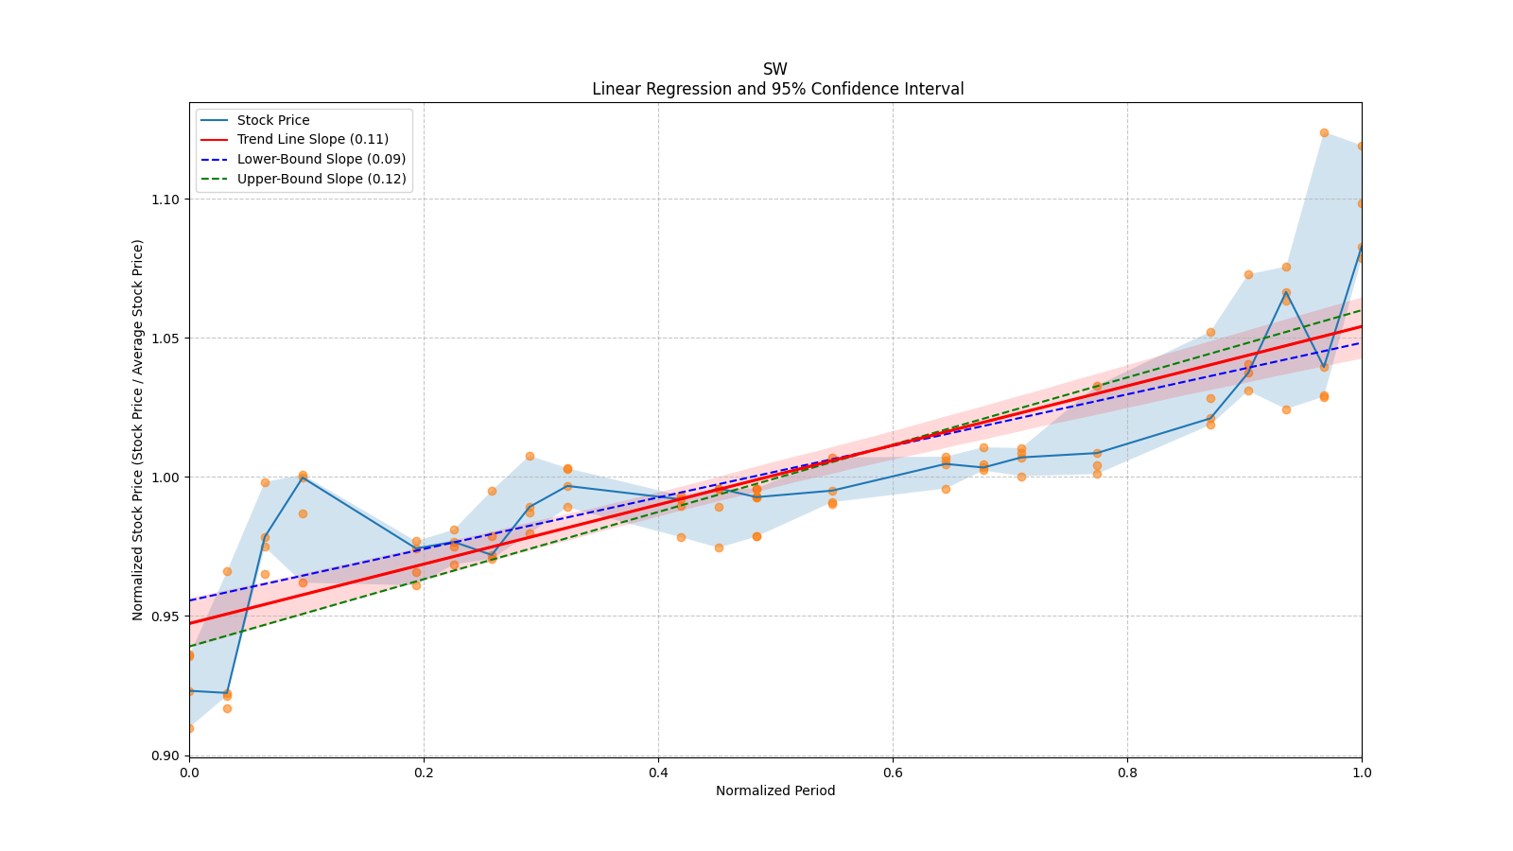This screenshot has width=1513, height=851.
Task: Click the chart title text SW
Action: (774, 69)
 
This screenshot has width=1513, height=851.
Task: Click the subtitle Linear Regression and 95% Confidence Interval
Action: (777, 89)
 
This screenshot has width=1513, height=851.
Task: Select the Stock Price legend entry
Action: (273, 120)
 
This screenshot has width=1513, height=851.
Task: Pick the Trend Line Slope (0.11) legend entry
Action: (312, 140)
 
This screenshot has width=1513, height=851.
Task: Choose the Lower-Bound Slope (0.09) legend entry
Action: (321, 159)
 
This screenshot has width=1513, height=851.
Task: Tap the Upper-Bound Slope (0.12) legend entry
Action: (322, 179)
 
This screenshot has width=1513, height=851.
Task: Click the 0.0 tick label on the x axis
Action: (189, 773)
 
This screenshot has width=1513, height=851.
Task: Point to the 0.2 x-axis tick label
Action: (424, 773)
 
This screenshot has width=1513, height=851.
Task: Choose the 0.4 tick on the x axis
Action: (658, 773)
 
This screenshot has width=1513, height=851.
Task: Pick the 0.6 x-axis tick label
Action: (893, 773)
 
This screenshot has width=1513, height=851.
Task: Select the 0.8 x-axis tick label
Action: (1127, 773)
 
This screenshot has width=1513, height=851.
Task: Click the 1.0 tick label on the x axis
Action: (1362, 773)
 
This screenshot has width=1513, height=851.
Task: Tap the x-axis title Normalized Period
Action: (775, 790)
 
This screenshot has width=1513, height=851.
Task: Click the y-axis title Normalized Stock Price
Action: (138, 429)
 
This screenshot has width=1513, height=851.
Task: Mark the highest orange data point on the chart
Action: (1324, 132)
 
